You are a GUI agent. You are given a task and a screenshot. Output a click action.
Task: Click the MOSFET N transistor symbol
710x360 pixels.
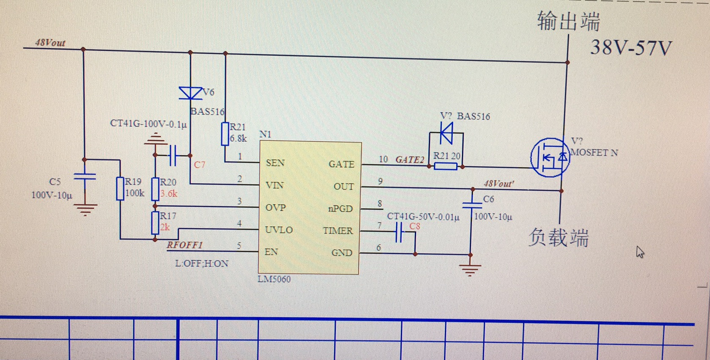[x=550, y=158]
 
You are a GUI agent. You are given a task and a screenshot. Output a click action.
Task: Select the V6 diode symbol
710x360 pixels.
[x=190, y=93]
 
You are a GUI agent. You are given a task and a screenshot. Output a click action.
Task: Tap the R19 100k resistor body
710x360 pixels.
[x=120, y=189]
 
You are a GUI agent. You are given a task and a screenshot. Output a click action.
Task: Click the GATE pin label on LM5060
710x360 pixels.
[x=341, y=164]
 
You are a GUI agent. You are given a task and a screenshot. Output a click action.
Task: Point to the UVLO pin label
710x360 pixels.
[x=279, y=230]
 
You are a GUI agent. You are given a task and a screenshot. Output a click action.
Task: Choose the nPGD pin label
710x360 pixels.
[x=340, y=209]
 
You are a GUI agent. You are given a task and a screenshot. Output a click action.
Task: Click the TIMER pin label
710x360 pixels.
[x=338, y=231]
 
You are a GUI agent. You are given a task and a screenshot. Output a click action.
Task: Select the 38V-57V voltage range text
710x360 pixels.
[x=631, y=48]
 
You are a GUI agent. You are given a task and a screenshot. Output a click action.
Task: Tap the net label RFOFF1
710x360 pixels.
[x=185, y=245]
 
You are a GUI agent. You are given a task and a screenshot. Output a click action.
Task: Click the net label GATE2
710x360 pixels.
[x=409, y=159]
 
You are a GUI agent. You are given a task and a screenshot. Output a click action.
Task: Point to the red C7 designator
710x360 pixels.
[x=200, y=165]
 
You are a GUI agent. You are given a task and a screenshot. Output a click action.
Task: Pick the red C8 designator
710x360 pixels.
[x=414, y=226]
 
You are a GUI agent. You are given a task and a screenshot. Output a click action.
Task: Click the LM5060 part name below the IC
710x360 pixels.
[x=274, y=279]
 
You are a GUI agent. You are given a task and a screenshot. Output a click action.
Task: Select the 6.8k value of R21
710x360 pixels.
[x=238, y=138]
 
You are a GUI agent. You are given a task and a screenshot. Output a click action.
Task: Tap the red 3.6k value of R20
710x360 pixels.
[x=169, y=193]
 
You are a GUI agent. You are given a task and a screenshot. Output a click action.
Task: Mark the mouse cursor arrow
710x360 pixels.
[x=640, y=252]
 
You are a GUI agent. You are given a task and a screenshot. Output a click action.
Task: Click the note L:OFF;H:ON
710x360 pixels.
[x=202, y=264]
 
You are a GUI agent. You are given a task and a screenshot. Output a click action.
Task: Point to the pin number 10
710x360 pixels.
[x=383, y=159]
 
